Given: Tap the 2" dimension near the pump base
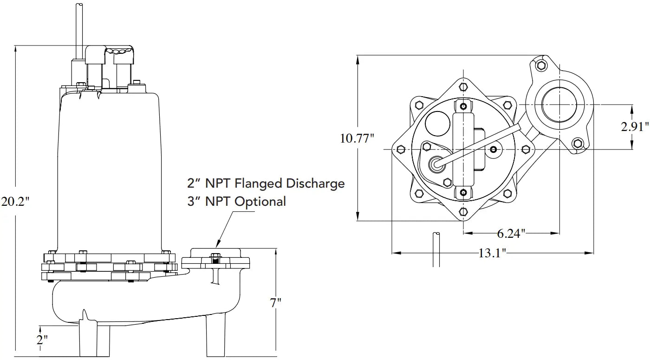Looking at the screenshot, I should point(42,340).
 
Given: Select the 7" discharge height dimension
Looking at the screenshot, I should point(276,302).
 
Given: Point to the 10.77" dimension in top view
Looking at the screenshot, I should point(357,138).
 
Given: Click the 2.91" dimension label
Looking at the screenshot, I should point(634,127).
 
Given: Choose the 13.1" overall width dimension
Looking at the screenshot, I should point(492,253).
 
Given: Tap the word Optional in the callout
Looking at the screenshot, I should point(260,202).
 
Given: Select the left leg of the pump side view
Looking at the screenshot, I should point(95,337).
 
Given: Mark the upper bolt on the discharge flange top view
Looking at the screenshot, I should point(540,65).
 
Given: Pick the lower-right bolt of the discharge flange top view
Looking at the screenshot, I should point(577,143).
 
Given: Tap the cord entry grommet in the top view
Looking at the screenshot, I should point(436,163).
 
